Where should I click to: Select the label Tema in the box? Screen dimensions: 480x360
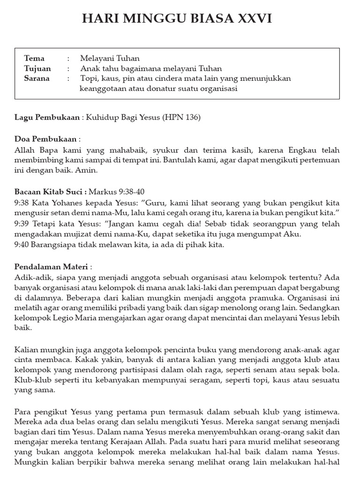34,59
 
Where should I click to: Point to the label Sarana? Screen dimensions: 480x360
37,78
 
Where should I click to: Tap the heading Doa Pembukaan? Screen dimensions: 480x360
45,139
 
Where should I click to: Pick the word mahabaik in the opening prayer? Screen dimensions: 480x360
121,150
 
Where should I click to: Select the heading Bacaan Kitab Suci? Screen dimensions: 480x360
50,191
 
